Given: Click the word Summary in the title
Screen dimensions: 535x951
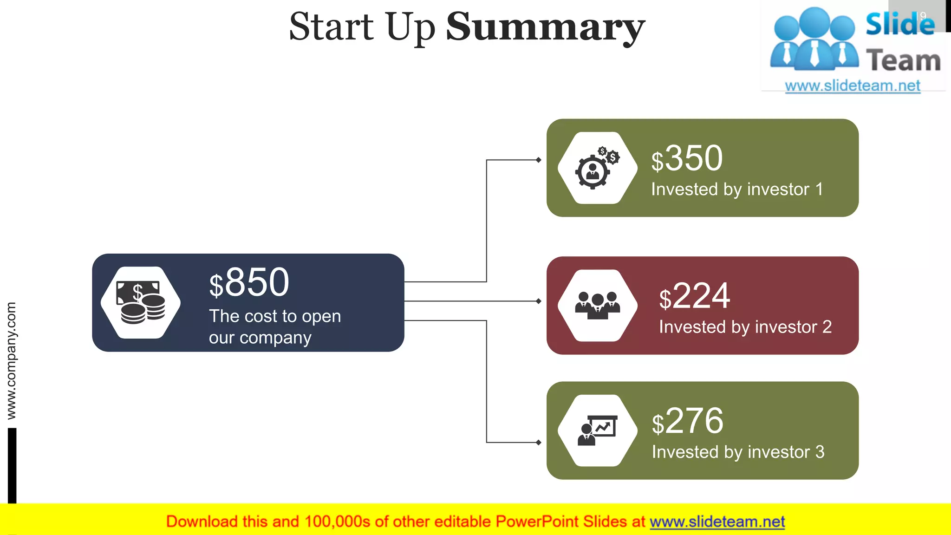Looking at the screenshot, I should pos(545,27).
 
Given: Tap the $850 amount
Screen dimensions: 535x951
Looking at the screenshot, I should pos(249,282).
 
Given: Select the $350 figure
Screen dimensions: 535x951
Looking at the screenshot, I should pos(687,158).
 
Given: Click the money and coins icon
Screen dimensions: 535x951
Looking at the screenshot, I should pos(141,302).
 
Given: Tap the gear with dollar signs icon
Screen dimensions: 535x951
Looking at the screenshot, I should pos(597,168).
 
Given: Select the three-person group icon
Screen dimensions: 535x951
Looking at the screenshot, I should pos(597,306).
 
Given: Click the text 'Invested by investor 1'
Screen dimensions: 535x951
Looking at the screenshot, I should pos(737,189).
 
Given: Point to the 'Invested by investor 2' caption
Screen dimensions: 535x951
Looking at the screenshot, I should pos(745,327).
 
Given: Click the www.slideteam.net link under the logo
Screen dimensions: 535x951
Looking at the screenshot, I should pos(853,86).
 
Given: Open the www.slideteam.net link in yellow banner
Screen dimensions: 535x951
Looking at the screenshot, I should pos(717,522).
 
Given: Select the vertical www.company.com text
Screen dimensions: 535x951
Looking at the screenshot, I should pos(11,360).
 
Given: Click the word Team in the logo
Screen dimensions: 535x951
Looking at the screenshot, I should pos(903,61).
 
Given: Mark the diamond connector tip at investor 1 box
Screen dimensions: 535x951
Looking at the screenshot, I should pos(538,160).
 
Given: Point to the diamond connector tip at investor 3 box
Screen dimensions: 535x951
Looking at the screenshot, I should pos(538,443).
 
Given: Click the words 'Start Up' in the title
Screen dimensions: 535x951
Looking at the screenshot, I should pos(362,27).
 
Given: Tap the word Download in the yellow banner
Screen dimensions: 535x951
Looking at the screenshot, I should pos(202,522).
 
